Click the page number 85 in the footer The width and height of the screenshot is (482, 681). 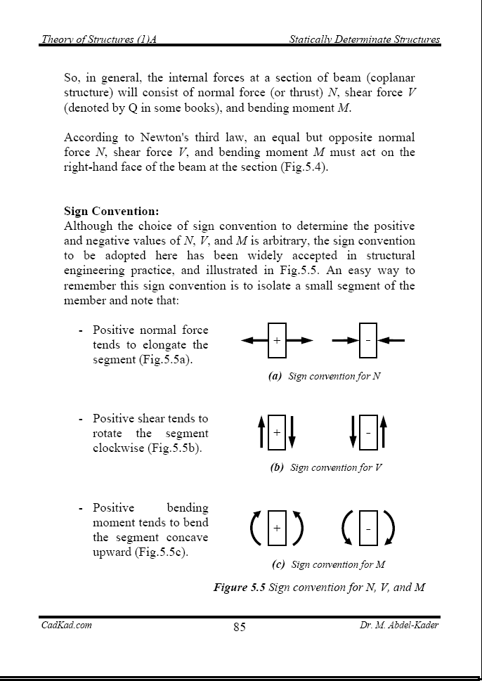point(240,628)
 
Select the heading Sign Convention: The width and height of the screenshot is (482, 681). point(112,211)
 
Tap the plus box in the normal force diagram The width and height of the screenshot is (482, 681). point(277,340)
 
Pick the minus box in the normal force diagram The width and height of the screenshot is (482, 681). point(367,340)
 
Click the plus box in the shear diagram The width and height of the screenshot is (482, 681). point(277,432)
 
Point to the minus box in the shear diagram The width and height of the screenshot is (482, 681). point(367,432)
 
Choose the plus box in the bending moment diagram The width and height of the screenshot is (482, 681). point(277,527)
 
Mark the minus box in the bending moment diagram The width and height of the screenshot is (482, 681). point(367,527)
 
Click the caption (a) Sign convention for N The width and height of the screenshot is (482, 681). point(325,376)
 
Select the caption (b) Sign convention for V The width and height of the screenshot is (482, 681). point(326,467)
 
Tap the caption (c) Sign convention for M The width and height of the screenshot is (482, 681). point(328,564)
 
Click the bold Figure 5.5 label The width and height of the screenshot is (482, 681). point(240,587)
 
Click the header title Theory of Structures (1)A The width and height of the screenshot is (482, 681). point(98,39)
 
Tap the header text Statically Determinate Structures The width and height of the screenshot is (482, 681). point(365,39)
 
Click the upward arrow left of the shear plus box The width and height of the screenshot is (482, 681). point(261,432)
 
